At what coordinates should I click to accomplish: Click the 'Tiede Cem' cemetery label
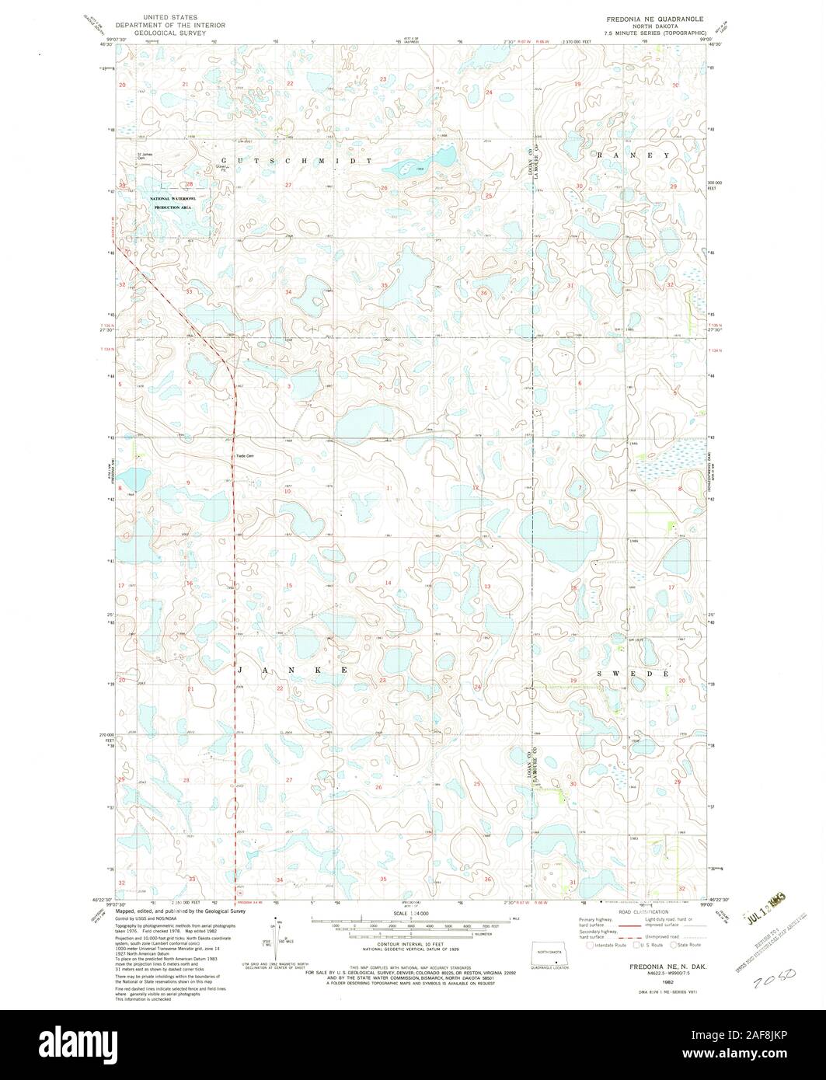[246, 456]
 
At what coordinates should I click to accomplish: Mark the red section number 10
[288, 491]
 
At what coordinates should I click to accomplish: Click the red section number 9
[188, 483]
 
